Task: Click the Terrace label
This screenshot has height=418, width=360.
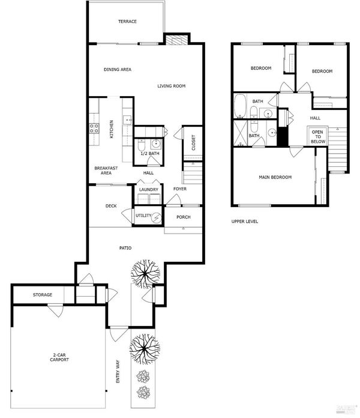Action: (127, 22)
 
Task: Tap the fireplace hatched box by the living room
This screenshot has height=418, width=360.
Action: (177, 40)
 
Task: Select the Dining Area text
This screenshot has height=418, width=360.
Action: (118, 69)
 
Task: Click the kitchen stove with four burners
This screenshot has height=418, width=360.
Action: (94, 129)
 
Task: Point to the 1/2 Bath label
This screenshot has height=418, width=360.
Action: (150, 154)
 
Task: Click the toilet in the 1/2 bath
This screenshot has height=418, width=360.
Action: (141, 145)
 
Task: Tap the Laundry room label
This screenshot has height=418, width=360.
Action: (149, 190)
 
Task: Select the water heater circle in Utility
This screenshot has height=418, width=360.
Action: (157, 218)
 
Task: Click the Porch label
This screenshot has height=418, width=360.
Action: (184, 217)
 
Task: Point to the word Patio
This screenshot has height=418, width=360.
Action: (125, 248)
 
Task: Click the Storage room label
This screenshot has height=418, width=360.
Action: (43, 294)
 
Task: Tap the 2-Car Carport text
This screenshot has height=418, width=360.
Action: (59, 357)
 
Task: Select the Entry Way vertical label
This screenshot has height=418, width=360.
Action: (118, 372)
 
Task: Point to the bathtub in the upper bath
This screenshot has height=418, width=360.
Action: (239, 106)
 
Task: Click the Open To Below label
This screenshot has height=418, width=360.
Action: (317, 137)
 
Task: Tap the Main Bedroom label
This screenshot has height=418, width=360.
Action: (275, 177)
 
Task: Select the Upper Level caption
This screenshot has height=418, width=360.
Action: (244, 221)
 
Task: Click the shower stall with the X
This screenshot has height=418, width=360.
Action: (241, 133)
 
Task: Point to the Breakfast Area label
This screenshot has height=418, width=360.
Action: (106, 171)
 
